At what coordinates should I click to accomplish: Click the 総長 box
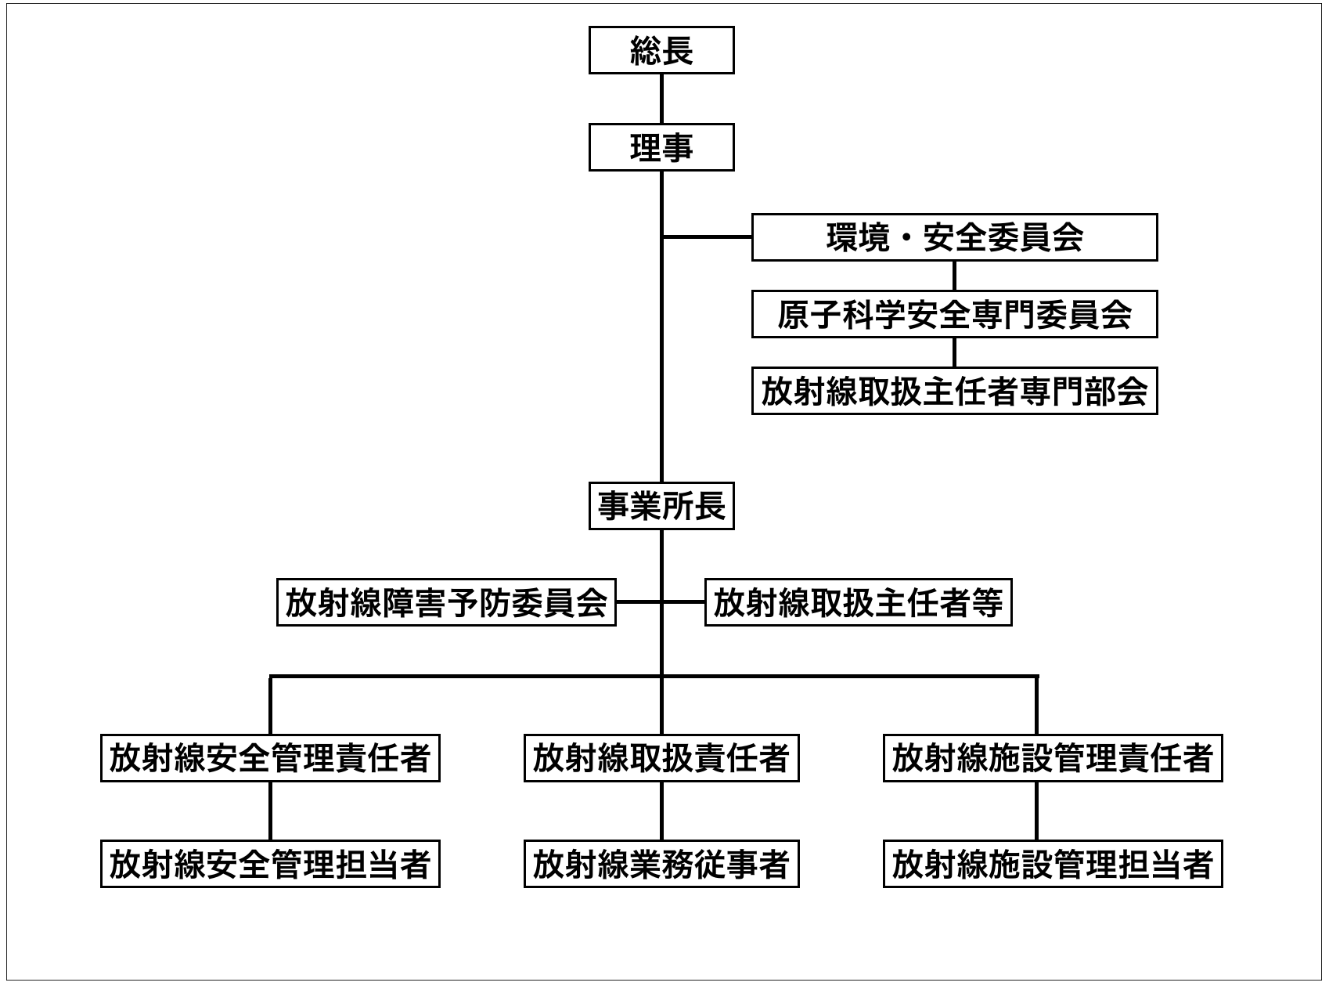pos(661,51)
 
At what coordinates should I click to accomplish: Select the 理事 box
pos(661,147)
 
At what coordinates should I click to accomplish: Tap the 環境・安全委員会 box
pos(954,237)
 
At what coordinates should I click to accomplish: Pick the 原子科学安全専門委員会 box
pos(954,314)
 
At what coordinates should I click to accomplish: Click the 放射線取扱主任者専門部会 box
pos(954,391)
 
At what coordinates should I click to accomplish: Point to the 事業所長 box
pos(661,507)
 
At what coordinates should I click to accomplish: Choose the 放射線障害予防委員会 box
pos(446,602)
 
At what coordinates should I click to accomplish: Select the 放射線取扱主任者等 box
pos(858,602)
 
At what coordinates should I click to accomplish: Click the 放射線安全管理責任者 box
pos(270,757)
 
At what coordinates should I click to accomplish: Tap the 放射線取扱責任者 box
pos(661,757)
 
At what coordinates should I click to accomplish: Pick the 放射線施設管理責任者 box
pos(1053,757)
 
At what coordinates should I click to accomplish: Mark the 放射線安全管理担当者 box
pos(270,864)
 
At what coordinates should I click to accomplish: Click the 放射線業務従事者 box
pos(661,864)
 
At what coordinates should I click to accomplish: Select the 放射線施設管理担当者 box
pos(1053,864)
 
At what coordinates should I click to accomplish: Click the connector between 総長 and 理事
pos(661,99)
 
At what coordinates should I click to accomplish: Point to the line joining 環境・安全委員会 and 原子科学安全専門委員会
pos(954,276)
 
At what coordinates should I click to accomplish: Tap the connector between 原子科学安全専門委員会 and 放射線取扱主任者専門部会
pos(954,352)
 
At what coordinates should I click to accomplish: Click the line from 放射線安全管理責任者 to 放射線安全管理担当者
pos(270,811)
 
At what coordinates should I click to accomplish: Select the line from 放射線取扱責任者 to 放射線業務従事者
pos(661,811)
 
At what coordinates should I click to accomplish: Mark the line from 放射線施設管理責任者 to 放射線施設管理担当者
pos(1037,811)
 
